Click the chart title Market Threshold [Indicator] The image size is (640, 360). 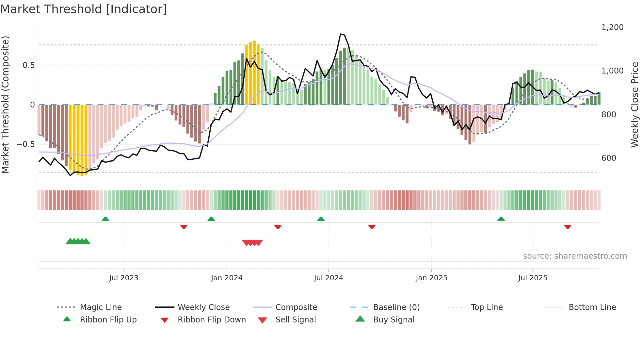tap(84, 9)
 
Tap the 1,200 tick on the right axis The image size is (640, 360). tap(612, 27)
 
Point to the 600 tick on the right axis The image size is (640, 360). tap(609, 158)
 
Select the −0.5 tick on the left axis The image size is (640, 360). tap(26, 144)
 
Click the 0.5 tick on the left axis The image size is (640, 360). tap(28, 65)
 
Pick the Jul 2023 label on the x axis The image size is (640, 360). tap(124, 278)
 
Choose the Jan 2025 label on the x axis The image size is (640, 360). tap(431, 278)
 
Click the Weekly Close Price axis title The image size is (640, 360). tap(634, 105)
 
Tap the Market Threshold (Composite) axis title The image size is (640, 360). tap(5, 105)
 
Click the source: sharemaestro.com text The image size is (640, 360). tap(575, 256)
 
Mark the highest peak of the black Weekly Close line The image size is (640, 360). tap(341, 34)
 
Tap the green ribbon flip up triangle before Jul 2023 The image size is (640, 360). tap(105, 219)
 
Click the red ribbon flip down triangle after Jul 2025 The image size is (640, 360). tap(568, 227)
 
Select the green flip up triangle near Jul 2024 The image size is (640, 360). tap(321, 219)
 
